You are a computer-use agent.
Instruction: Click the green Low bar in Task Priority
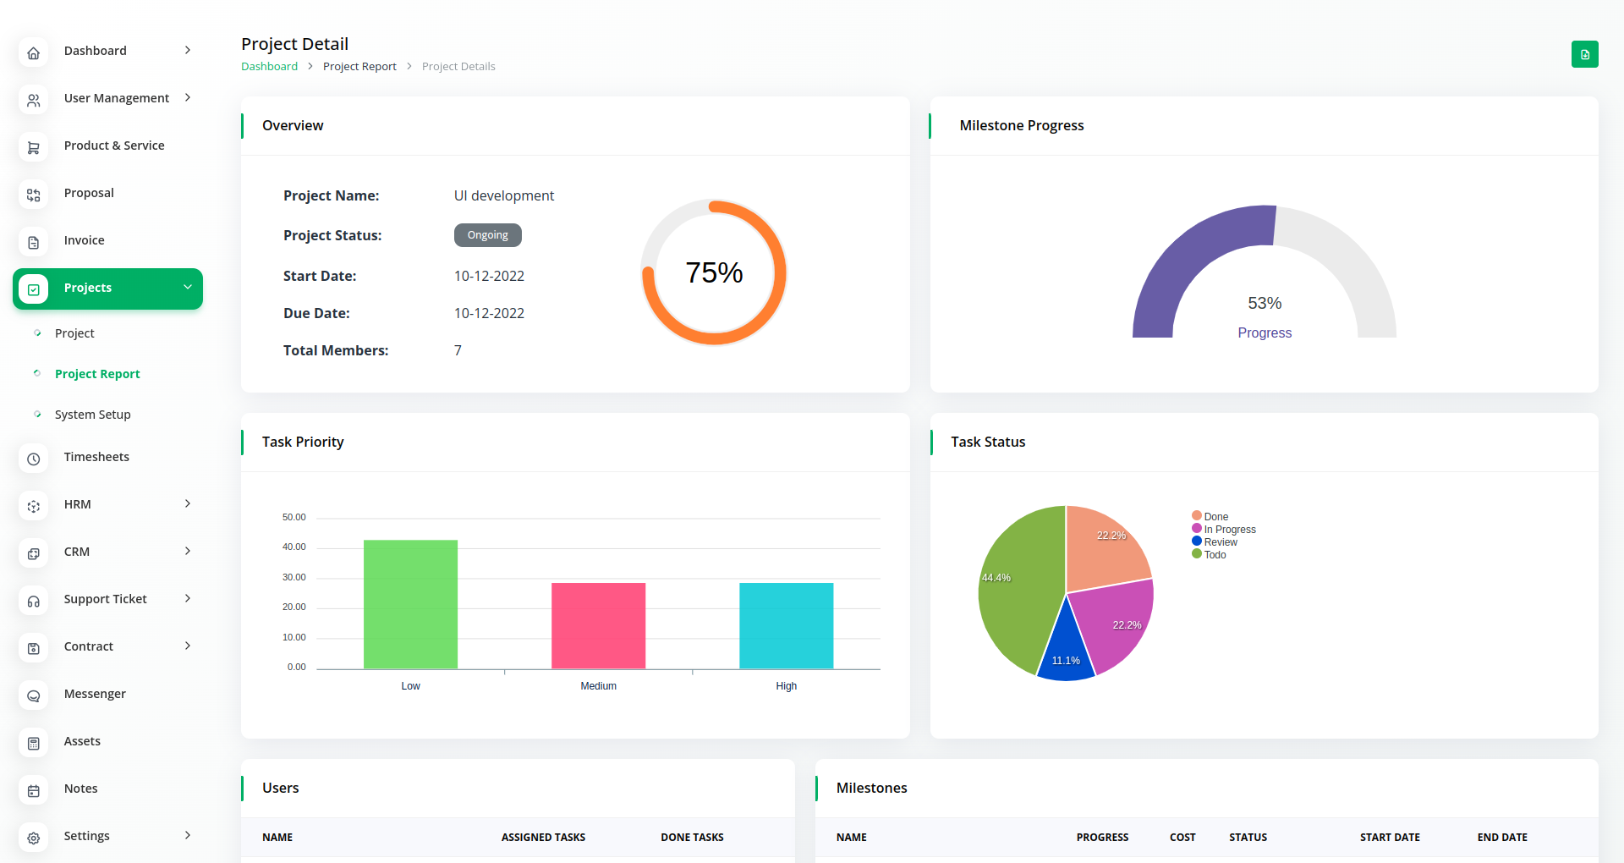point(410,604)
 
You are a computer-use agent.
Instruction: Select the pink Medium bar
point(598,625)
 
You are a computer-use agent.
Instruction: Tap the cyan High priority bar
point(786,625)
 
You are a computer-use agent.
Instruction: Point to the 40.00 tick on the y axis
point(294,547)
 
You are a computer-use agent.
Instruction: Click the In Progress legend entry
point(1229,530)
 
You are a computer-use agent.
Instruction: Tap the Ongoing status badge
point(488,235)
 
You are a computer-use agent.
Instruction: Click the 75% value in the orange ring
point(714,272)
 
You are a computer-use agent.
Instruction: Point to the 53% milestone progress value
point(1265,303)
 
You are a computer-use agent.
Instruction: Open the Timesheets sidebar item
point(96,457)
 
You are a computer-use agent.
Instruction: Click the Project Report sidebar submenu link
point(97,374)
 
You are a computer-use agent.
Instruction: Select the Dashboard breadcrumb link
point(269,67)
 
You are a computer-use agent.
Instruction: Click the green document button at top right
point(1584,54)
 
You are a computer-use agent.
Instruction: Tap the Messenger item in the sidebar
point(95,694)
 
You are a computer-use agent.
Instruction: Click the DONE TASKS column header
point(692,838)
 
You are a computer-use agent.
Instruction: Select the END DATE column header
point(1502,838)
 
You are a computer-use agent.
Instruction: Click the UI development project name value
point(504,196)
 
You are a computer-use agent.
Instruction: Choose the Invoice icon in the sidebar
point(34,243)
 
